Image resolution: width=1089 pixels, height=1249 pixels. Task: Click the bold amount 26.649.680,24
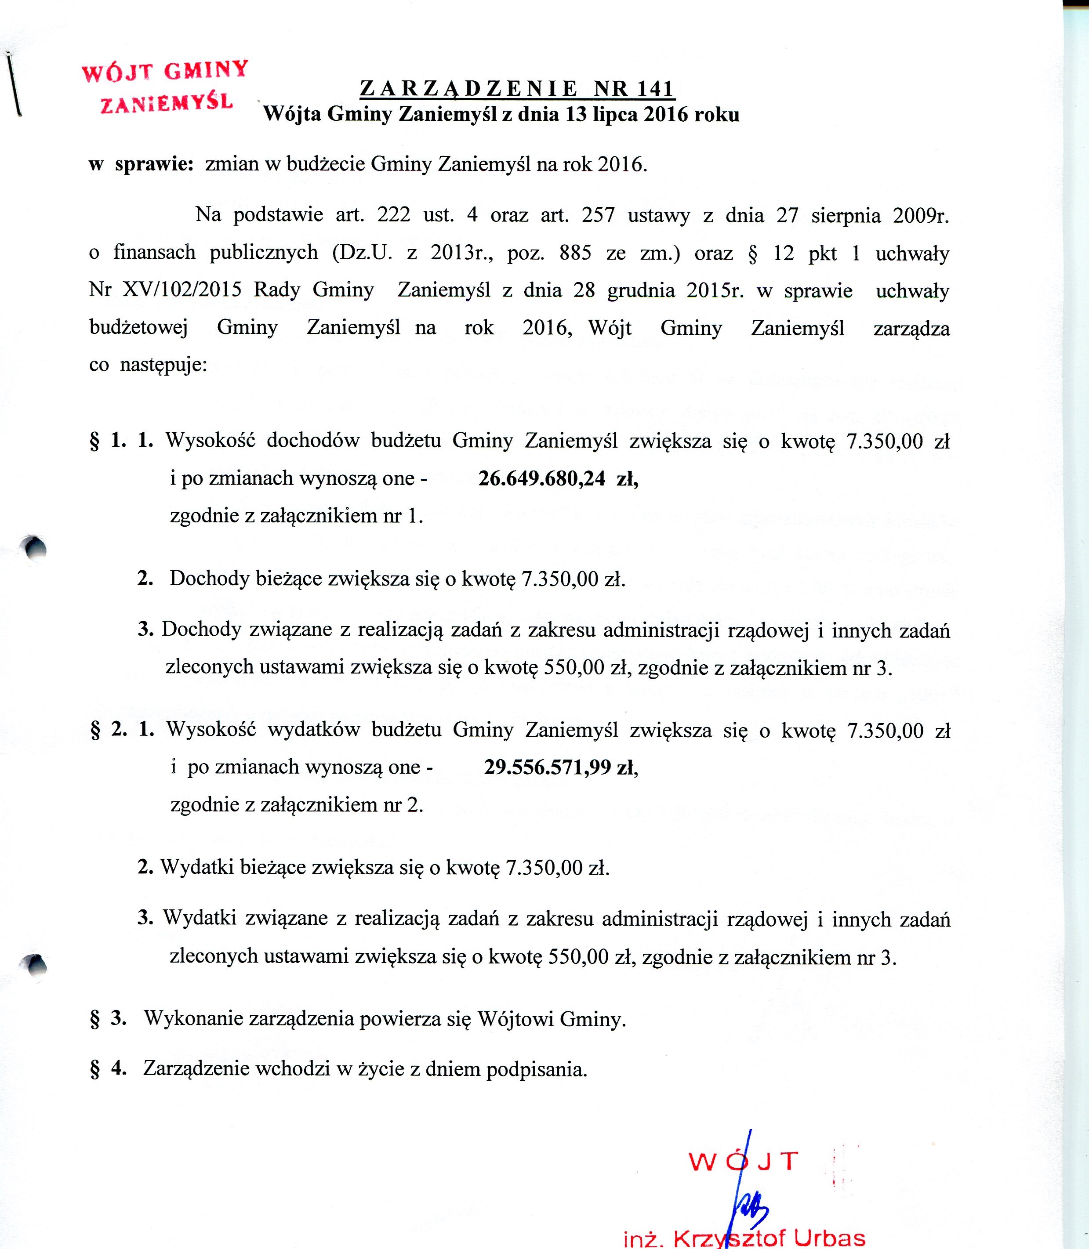point(541,479)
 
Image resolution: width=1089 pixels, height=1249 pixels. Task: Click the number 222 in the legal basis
point(394,215)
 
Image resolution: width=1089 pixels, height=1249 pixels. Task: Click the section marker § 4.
point(108,1068)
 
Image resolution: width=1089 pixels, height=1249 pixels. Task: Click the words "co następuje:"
point(148,365)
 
